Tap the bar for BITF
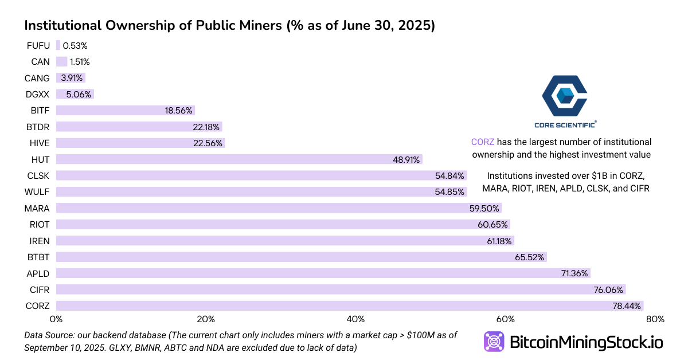pyautogui.click(x=126, y=111)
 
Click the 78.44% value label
pyautogui.click(x=626, y=306)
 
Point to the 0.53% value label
pyautogui.click(x=75, y=45)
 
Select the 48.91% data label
pyautogui.click(x=406, y=159)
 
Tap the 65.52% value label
pyautogui.click(x=530, y=257)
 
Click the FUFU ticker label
pyautogui.click(x=38, y=45)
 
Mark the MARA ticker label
pyautogui.click(x=37, y=208)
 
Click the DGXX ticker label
pyautogui.click(x=38, y=95)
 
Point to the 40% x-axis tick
pyautogui.click(x=355, y=319)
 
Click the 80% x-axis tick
pyautogui.click(x=655, y=319)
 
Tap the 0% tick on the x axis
pyautogui.click(x=56, y=319)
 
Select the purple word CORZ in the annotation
pyautogui.click(x=482, y=142)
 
